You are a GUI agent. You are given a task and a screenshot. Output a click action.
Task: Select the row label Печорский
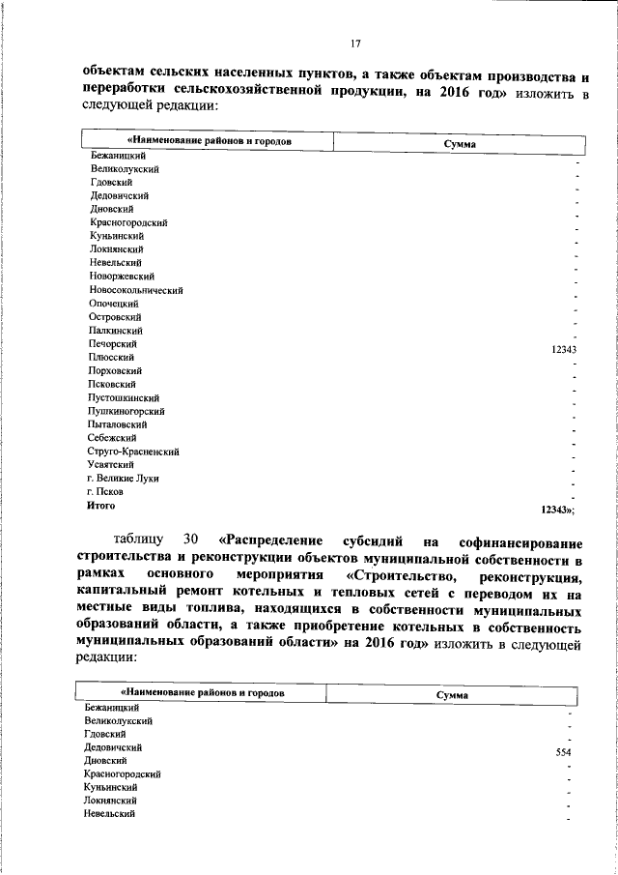pyautogui.click(x=111, y=344)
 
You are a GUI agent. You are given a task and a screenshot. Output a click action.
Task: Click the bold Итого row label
pyautogui.click(x=100, y=505)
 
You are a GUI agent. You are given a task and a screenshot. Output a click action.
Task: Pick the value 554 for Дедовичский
pyautogui.click(x=564, y=752)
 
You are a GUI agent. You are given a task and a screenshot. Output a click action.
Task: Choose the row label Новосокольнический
pyautogui.click(x=136, y=290)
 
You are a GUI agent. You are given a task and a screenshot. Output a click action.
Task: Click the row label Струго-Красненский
pyautogui.click(x=133, y=452)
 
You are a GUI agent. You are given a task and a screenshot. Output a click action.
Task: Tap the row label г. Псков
pyautogui.click(x=105, y=491)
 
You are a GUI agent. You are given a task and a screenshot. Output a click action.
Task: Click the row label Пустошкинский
pyautogui.click(x=124, y=397)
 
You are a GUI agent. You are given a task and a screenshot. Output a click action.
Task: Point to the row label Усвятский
pyautogui.click(x=110, y=464)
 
